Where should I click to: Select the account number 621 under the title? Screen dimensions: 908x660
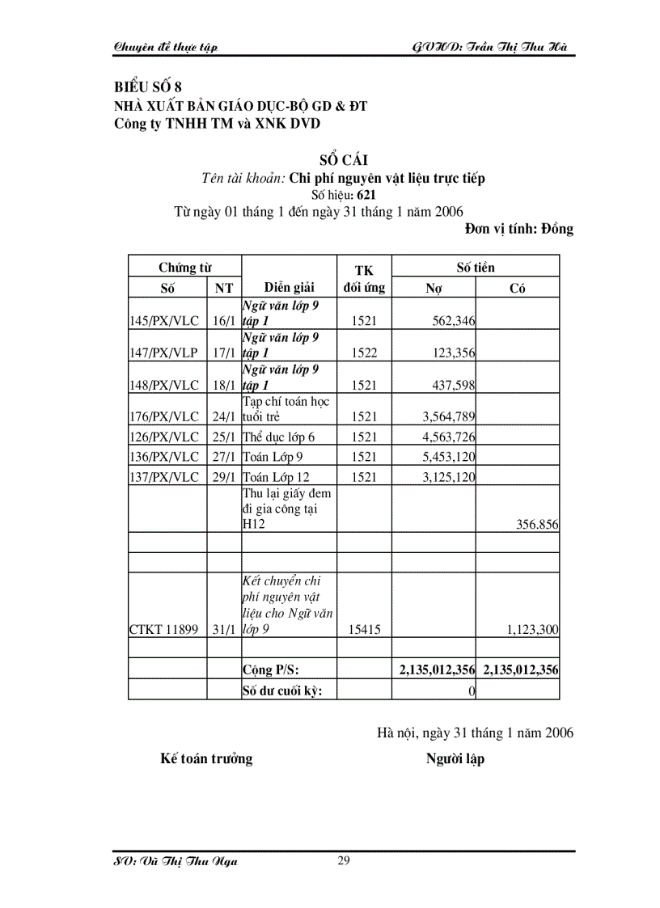364,195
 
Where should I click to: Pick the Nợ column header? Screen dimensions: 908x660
434,288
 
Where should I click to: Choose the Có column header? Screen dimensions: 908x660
518,288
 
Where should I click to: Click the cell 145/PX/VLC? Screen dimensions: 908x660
164,321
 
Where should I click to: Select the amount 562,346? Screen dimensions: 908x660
453,321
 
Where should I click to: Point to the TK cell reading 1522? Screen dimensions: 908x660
364,353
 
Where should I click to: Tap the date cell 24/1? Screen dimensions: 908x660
223,417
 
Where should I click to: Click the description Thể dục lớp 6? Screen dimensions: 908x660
278,437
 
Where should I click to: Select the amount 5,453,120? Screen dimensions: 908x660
448,457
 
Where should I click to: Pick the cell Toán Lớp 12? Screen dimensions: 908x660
276,477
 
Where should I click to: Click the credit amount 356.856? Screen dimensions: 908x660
537,524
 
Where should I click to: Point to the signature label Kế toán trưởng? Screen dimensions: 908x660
206,758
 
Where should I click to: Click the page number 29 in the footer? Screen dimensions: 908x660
344,859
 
